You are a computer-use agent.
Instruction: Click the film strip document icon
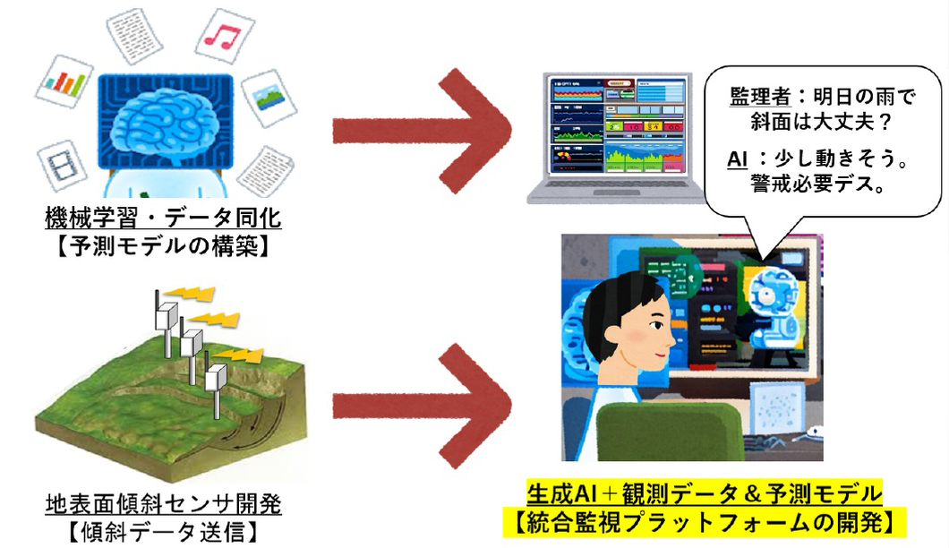(x=62, y=167)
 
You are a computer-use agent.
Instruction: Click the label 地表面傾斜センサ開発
(x=162, y=503)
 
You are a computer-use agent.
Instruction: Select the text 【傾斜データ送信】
(x=162, y=530)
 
